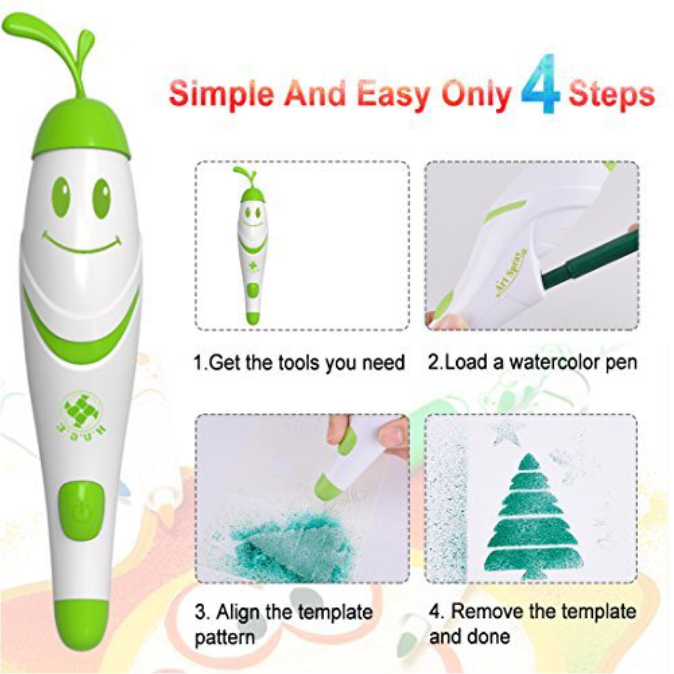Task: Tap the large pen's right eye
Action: [101, 198]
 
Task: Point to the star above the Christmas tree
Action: [507, 433]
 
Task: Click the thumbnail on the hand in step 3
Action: [392, 435]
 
